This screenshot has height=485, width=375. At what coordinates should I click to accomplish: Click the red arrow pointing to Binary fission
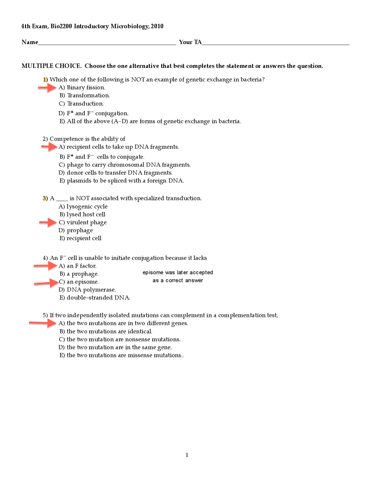pos(47,88)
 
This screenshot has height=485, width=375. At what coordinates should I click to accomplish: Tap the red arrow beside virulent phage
pos(48,223)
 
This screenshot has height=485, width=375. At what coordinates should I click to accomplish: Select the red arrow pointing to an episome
pos(47,283)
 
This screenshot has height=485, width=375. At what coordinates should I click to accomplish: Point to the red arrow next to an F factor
pos(45,266)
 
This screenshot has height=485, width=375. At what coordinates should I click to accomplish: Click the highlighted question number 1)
pos(45,79)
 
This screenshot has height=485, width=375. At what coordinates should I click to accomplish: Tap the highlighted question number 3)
pos(45,198)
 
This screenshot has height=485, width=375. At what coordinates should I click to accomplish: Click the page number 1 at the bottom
pos(187,455)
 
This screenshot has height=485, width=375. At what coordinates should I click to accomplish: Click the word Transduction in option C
pos(85,104)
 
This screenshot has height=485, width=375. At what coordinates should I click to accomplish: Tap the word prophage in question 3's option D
pos(80,230)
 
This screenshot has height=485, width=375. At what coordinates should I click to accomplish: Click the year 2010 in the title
pos(157,26)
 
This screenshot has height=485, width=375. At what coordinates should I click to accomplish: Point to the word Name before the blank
pos(30,42)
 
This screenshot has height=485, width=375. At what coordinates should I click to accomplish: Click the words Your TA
pos(190,42)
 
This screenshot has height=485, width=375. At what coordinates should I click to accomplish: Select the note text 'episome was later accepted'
pos(178,272)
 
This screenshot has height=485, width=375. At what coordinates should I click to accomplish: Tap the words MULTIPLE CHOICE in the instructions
pos(51,66)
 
